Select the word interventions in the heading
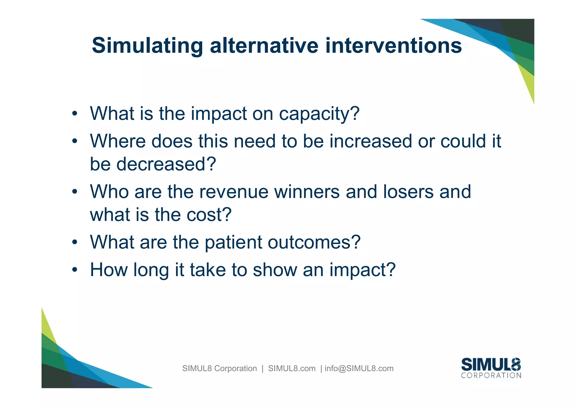coord(393,46)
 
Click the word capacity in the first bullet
coord(319,114)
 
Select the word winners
coord(307,192)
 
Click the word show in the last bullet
coord(274,270)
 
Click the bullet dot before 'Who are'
coord(74,192)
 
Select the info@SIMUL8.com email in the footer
coord(359,368)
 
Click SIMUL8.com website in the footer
coord(292,368)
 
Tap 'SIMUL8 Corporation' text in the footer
coord(219,368)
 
